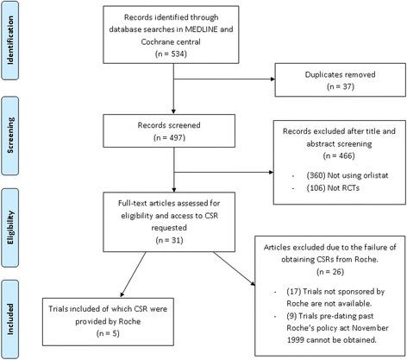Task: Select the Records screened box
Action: [x=174, y=131]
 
